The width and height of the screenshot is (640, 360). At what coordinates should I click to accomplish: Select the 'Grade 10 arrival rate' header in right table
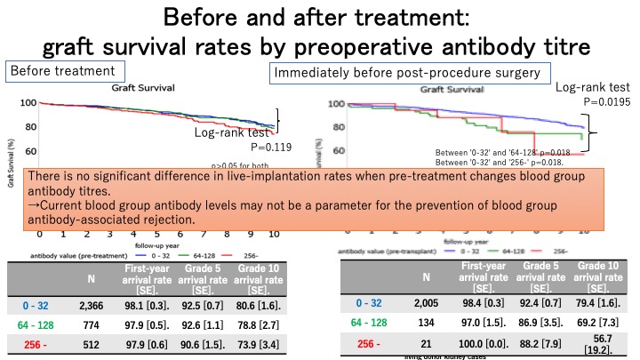598,277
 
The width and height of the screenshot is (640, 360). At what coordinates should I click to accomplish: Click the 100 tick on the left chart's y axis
30,103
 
